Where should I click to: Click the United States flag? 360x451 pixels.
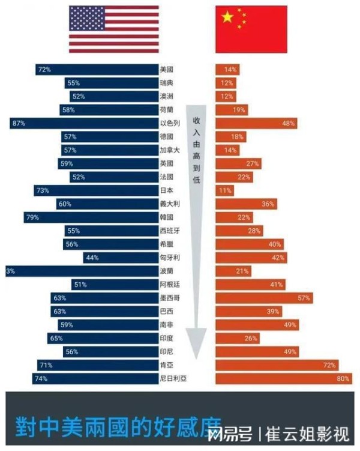[114, 29]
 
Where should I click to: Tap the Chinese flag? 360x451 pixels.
[251, 29]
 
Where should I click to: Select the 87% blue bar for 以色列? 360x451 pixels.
[84, 123]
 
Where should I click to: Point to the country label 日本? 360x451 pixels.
[167, 190]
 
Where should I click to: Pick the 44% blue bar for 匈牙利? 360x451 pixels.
[120, 258]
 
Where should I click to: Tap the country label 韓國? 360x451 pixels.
[167, 217]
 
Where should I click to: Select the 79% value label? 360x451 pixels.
[32, 217]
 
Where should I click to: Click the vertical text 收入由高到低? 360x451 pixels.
[196, 150]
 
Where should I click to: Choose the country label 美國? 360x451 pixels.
[167, 70]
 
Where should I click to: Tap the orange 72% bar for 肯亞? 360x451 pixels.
[277, 365]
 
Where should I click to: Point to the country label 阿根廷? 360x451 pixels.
[169, 285]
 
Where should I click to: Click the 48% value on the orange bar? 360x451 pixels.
[289, 123]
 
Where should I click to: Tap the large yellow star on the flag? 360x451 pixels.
[227, 17]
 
